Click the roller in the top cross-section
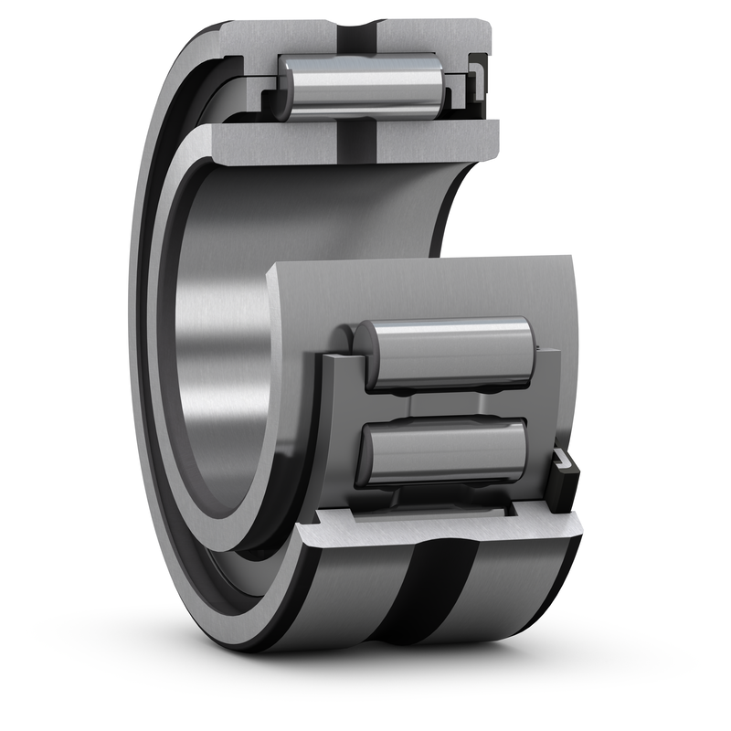click(x=360, y=87)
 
